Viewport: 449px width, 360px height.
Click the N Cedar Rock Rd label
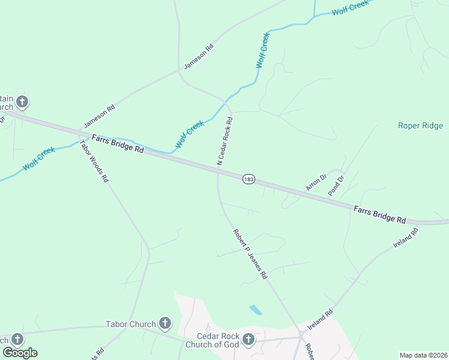[225, 142]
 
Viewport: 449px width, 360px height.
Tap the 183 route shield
[249, 179]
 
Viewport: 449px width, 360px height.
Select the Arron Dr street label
[316, 181]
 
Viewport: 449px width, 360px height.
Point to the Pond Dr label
[336, 185]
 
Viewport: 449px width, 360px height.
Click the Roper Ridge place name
[420, 126]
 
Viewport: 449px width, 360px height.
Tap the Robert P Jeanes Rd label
[250, 254]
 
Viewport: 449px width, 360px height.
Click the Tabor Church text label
[131, 325]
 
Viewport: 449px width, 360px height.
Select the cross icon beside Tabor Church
[165, 325]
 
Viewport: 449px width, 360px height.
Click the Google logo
[20, 353]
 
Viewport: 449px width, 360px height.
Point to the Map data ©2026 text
[423, 355]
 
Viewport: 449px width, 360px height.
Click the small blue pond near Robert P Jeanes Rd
[255, 310]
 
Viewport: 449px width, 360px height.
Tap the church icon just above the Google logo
[16, 339]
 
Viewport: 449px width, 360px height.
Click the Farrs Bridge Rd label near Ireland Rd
[380, 215]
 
